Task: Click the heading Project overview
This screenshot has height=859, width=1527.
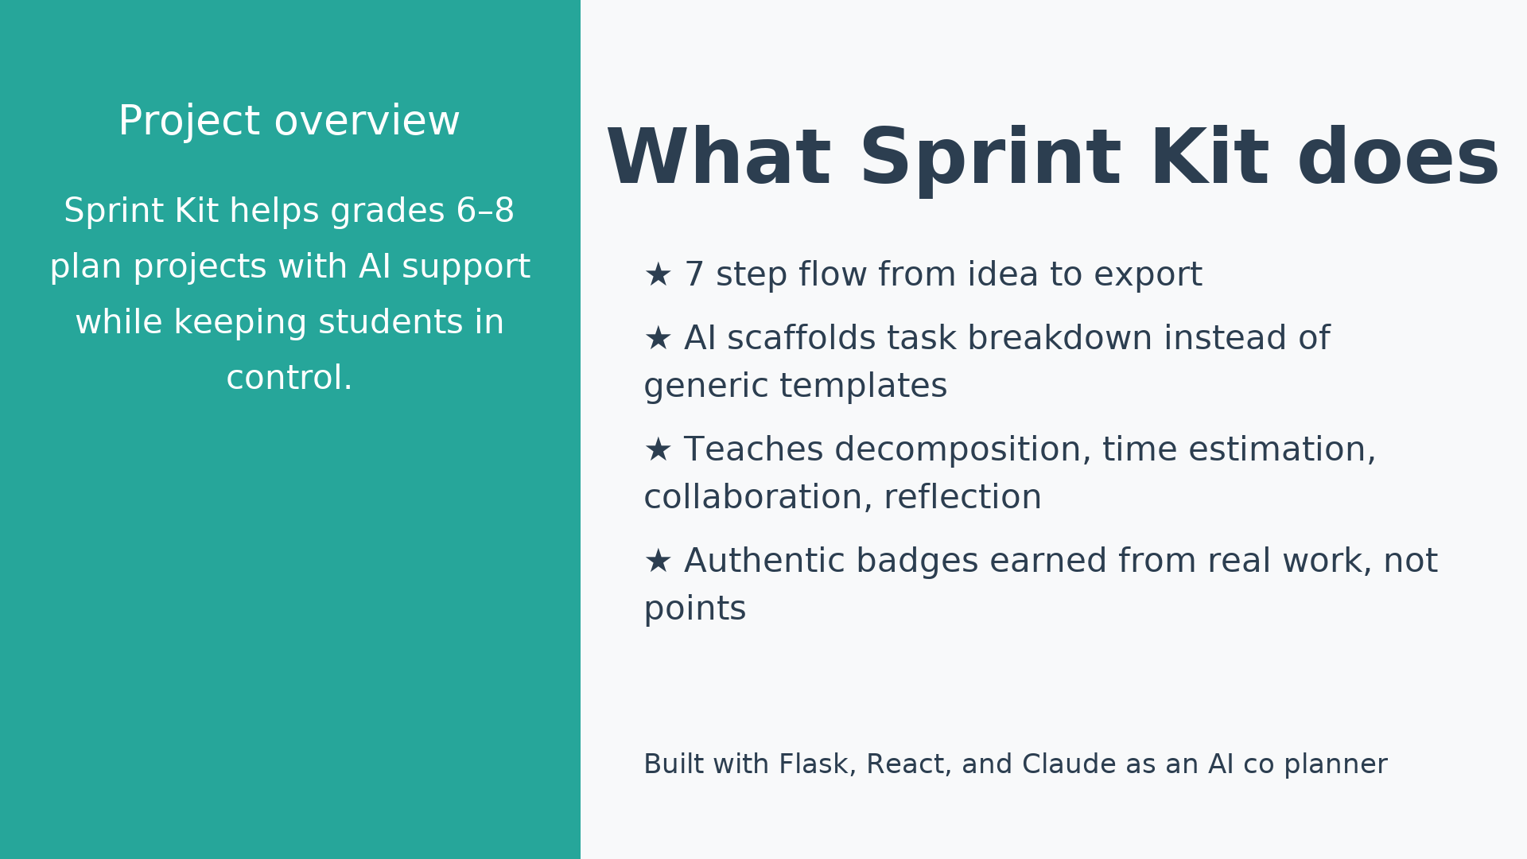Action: [x=289, y=122]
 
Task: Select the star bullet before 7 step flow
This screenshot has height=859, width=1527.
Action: [x=658, y=275]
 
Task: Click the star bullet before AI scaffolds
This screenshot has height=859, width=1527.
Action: [x=658, y=339]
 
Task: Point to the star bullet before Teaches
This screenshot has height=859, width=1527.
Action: [x=658, y=450]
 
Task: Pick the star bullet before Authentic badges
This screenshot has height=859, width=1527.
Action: [x=658, y=562]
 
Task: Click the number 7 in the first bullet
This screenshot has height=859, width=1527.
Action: [x=694, y=275]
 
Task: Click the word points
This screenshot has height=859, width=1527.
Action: [x=694, y=609]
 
